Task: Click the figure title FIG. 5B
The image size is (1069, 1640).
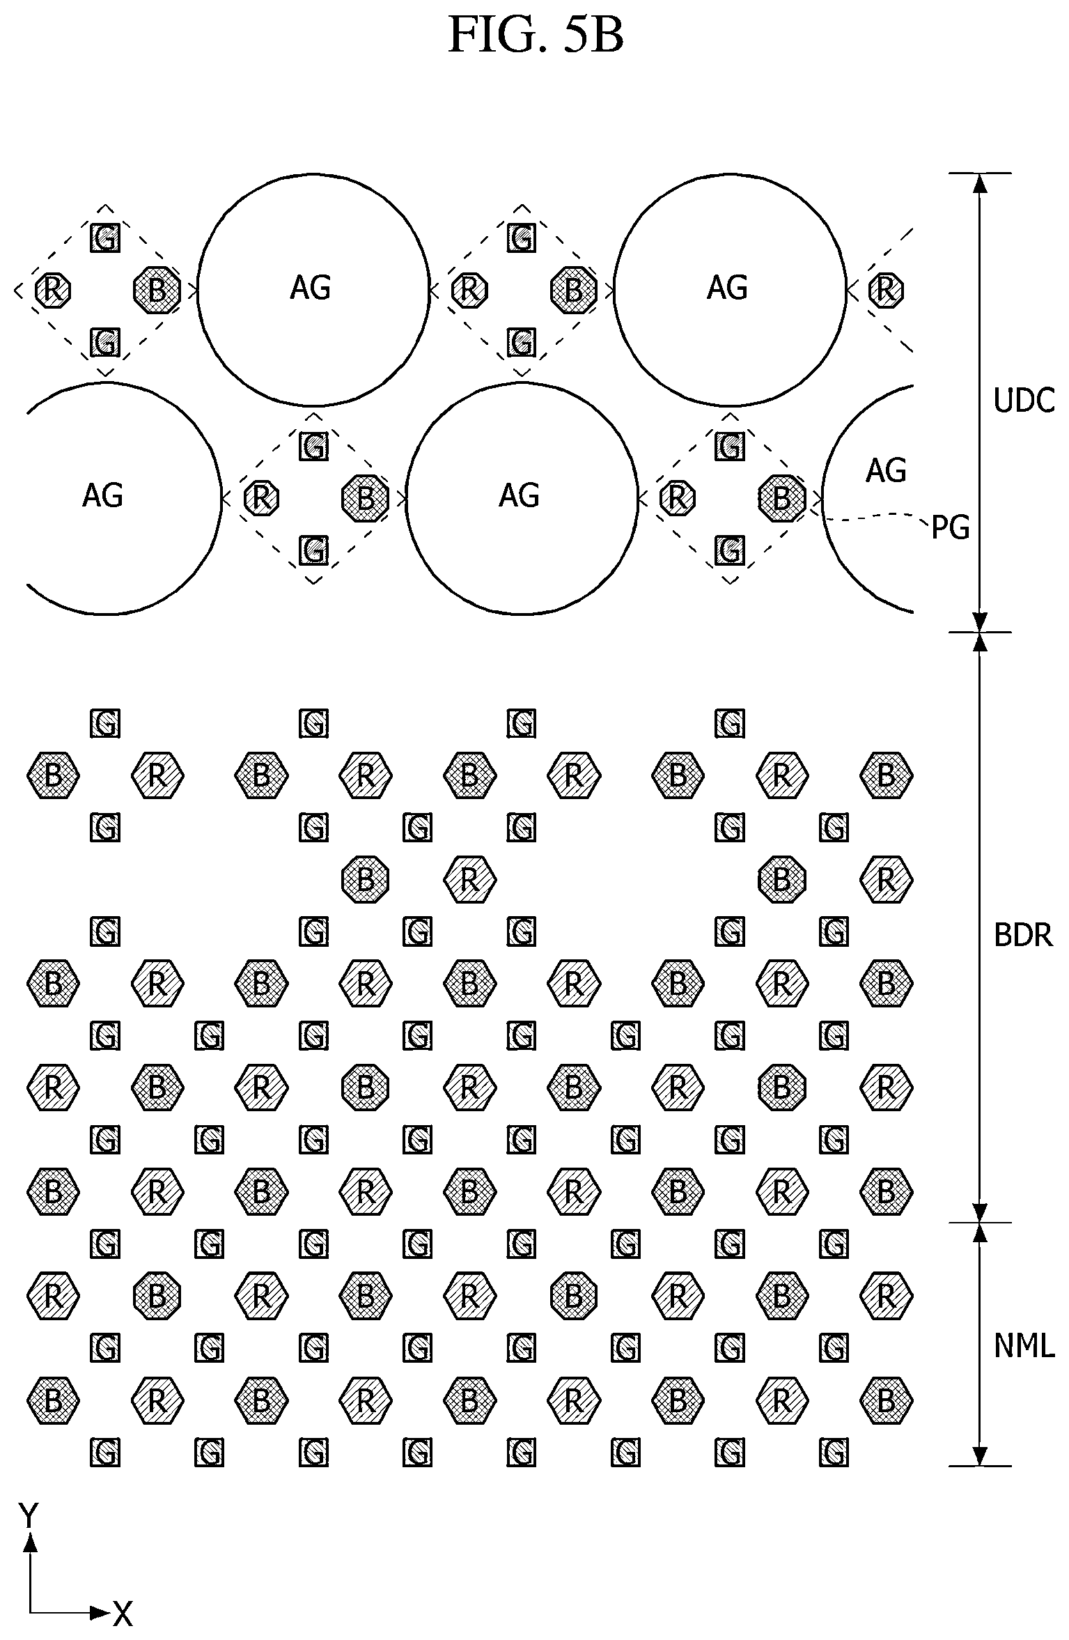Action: coord(536,35)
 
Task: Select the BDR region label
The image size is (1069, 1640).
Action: coord(1023,935)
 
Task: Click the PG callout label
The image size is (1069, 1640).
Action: coord(951,528)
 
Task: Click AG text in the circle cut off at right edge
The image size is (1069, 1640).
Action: coord(886,471)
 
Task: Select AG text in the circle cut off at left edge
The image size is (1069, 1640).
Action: coord(102,495)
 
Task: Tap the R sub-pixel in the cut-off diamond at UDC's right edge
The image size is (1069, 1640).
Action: coord(886,289)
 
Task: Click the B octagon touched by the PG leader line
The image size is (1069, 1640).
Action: coord(781,498)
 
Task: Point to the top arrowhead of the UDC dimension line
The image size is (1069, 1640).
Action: coord(980,183)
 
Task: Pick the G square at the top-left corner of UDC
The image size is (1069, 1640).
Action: coord(105,238)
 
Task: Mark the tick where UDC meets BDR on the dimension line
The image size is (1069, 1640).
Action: coord(980,632)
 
